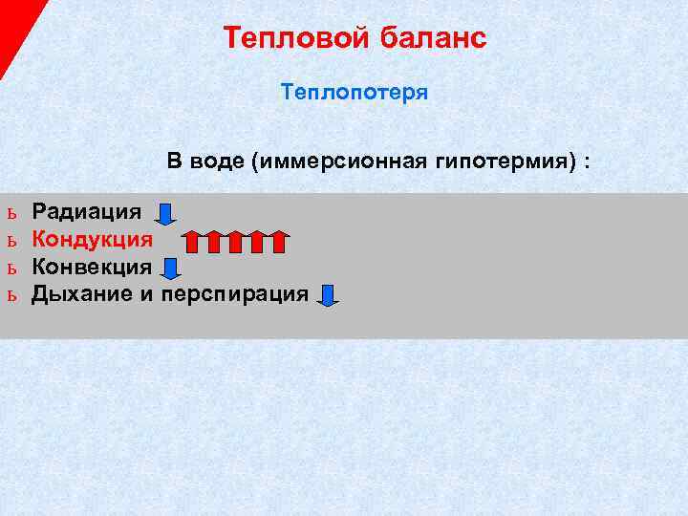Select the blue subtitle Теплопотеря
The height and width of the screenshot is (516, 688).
[355, 94]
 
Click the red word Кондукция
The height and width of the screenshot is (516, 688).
[92, 239]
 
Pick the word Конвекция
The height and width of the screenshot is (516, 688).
[92, 267]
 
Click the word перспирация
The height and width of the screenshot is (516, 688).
[235, 293]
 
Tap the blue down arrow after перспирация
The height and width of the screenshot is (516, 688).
[328, 295]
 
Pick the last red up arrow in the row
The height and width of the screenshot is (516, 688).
[277, 241]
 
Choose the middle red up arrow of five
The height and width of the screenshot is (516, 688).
[235, 241]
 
